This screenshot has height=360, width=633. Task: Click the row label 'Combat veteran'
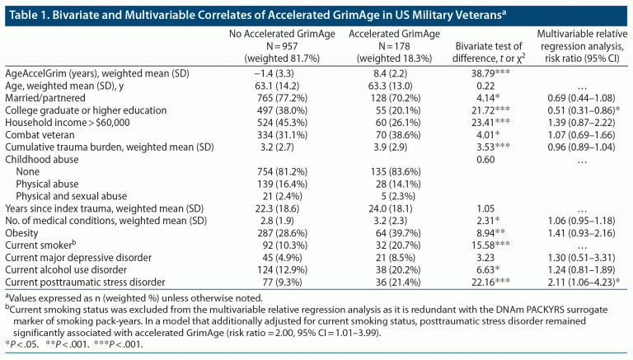click(39, 134)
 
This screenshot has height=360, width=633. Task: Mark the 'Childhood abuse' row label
click(41, 160)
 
